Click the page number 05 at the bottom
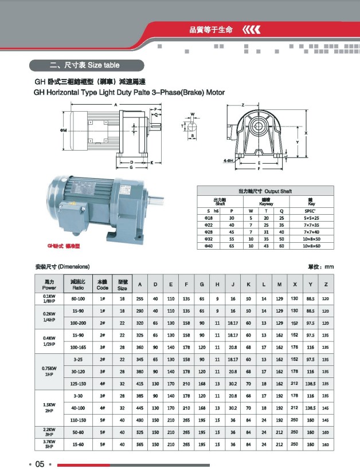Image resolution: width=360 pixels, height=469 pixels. click(40, 463)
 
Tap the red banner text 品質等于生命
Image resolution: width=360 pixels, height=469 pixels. click(211, 29)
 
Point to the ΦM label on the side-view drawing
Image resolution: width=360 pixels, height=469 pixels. click(62, 131)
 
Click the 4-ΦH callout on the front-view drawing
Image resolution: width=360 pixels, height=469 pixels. click(229, 161)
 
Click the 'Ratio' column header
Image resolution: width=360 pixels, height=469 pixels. click(79, 285)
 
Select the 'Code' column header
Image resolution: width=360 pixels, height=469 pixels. click(102, 285)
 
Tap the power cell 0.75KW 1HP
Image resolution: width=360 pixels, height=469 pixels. click(49, 372)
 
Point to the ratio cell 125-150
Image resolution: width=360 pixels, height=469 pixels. click(79, 383)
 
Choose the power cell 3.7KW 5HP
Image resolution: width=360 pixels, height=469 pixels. click(49, 444)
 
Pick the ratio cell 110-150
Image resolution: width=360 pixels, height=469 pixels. click(79, 420)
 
